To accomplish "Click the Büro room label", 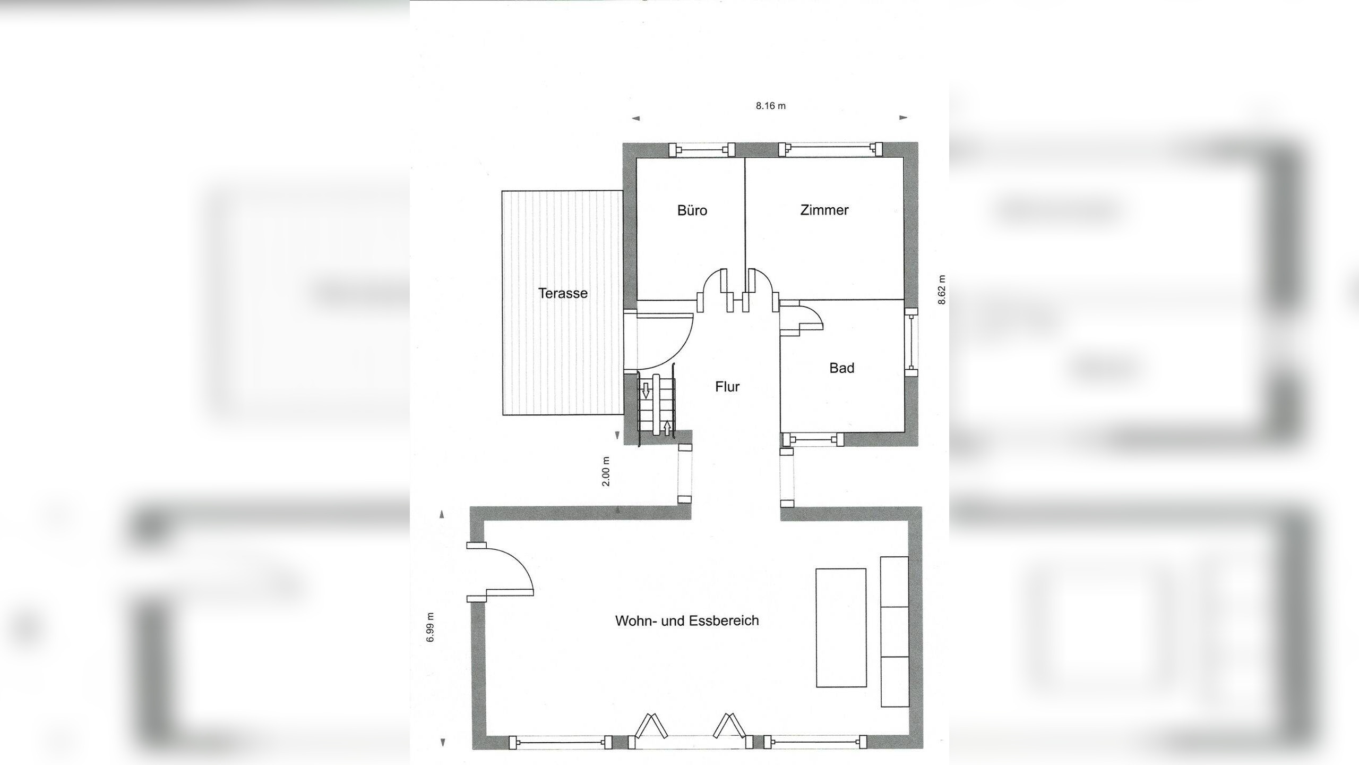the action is [692, 210].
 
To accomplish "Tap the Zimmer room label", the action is [824, 210].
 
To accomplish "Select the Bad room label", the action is [842, 368].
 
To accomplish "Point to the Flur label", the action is [727, 387].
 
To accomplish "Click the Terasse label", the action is [563, 293].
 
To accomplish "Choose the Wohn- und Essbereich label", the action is [687, 620].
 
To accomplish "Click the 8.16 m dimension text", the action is [771, 106].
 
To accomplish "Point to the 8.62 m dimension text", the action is [942, 290].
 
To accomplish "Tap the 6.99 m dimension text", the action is [431, 627].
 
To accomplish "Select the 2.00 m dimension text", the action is [607, 471].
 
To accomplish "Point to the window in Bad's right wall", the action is [911, 342].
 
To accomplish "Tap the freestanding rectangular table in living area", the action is [841, 627].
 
